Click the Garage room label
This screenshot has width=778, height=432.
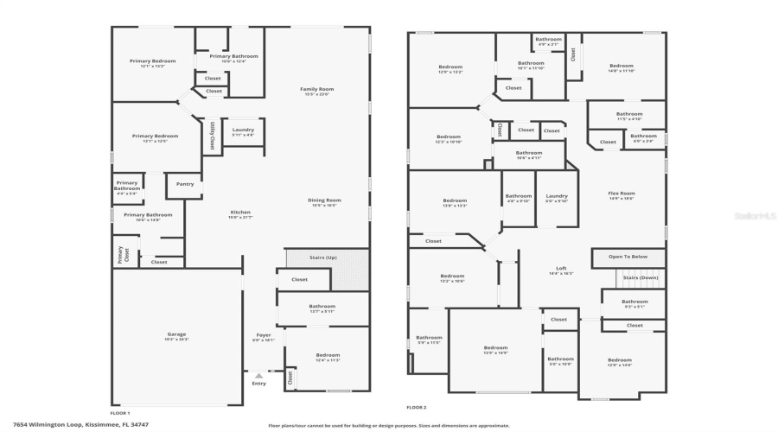click(x=176, y=334)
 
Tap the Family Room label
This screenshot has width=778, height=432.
click(x=317, y=89)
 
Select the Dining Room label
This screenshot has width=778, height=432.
click(x=325, y=200)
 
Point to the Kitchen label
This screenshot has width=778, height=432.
click(x=240, y=213)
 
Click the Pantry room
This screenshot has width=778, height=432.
click(x=185, y=184)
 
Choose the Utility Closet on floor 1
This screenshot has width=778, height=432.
click(x=212, y=136)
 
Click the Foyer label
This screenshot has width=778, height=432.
click(x=263, y=335)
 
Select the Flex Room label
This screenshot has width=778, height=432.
click(x=622, y=194)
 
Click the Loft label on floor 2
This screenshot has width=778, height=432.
click(x=561, y=269)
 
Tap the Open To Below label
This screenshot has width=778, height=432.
click(x=628, y=257)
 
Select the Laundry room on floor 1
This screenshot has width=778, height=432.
click(x=243, y=130)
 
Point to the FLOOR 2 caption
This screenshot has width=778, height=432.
click(x=417, y=407)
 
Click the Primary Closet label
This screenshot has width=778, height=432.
click(x=120, y=254)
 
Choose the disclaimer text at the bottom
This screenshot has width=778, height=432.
click(x=389, y=425)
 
